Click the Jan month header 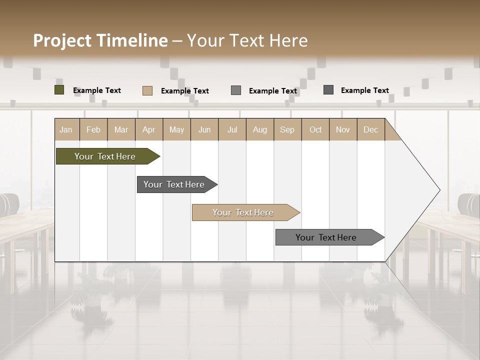coord(66,129)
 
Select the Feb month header coord(93,129)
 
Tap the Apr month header coord(148,129)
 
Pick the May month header coord(176,129)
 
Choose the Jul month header coord(232,129)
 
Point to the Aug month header coord(259,129)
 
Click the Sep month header coord(287,129)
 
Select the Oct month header coord(315,129)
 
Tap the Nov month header coord(342,129)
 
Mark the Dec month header coord(370,129)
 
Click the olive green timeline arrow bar coord(105,156)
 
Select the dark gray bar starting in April coord(174,184)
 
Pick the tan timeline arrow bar coord(243,212)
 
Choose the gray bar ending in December coord(326,237)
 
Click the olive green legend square coord(59,90)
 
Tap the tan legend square coord(147,90)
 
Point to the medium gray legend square coord(235,90)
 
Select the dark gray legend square coord(328,90)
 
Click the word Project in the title coord(62,40)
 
